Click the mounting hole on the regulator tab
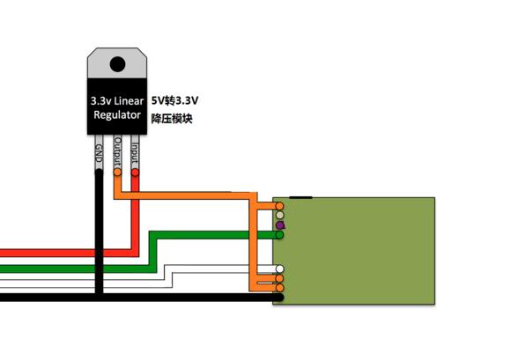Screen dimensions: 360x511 click(117, 62)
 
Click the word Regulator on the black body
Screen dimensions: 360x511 click(116, 115)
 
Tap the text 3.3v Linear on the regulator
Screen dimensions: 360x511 click(116, 101)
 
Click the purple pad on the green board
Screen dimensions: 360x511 click(279, 225)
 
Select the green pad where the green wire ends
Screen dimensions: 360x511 click(279, 236)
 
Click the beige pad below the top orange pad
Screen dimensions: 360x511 click(279, 215)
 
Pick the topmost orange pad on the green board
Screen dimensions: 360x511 click(279, 205)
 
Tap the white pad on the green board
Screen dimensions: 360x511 click(279, 269)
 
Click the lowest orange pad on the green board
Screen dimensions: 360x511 click(279, 288)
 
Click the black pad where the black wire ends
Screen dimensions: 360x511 click(278, 298)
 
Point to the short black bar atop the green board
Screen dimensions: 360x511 click(299, 197)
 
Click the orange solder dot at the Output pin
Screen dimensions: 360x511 click(117, 173)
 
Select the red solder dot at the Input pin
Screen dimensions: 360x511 click(134, 173)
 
